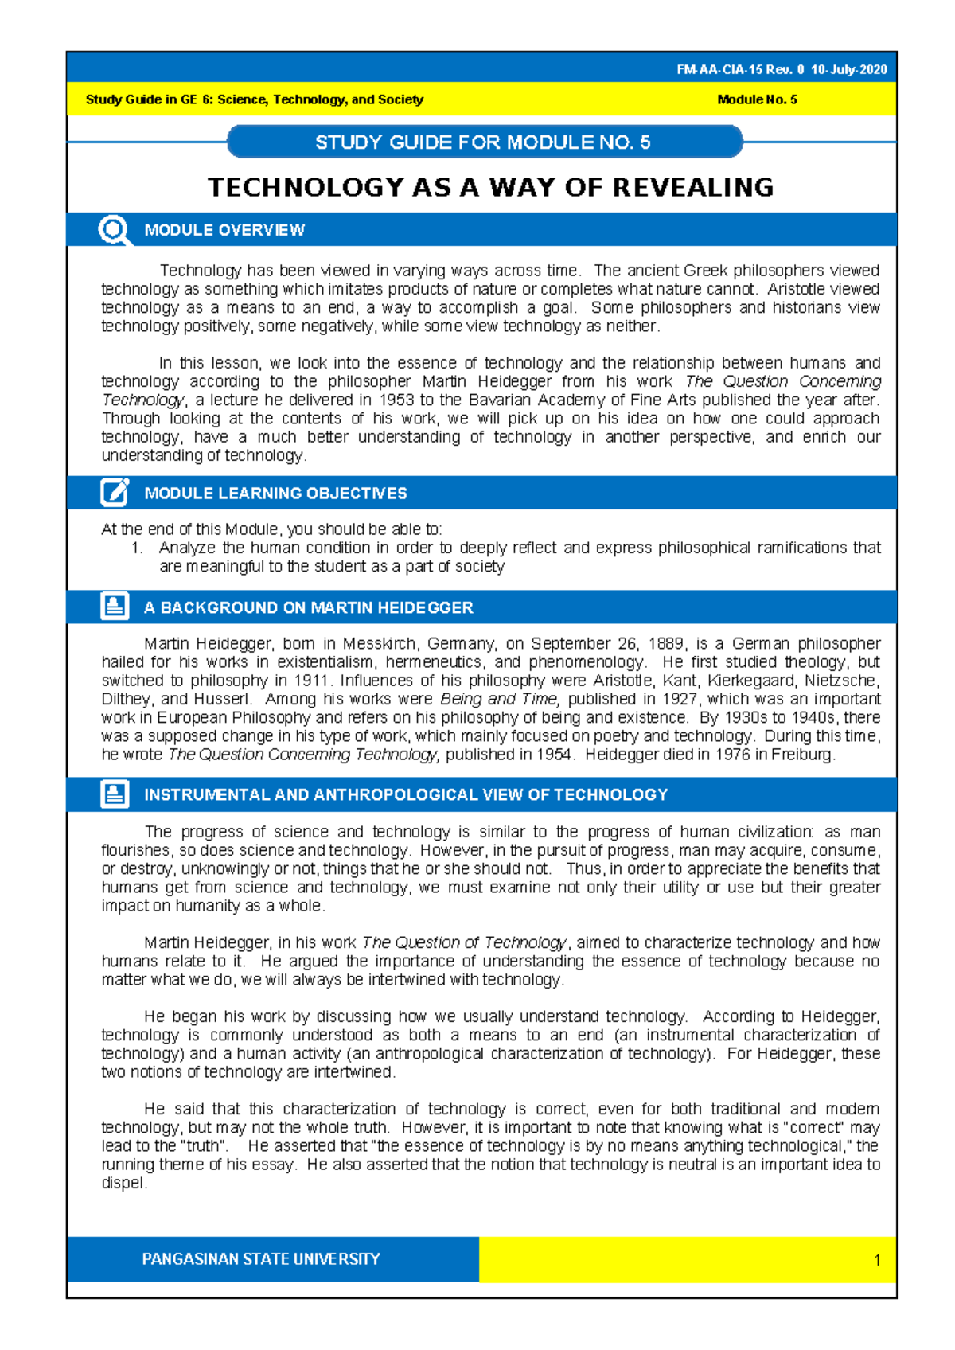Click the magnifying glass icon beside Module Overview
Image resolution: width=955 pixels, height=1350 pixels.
(115, 230)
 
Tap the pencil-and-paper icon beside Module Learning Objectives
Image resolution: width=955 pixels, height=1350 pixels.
(115, 493)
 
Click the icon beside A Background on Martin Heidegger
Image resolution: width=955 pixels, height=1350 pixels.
(115, 607)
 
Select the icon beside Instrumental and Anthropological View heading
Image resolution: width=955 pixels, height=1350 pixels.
(115, 794)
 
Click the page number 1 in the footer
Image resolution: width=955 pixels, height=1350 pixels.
(877, 1260)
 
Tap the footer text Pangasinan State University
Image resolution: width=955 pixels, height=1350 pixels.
(261, 1259)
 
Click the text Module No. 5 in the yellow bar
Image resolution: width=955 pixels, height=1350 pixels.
(757, 99)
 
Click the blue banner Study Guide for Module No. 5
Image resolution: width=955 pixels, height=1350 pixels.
(483, 142)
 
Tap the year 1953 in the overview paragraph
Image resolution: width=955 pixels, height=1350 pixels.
(396, 400)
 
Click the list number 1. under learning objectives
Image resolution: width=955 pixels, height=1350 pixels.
(137, 548)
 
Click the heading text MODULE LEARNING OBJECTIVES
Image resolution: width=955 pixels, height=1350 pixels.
(275, 494)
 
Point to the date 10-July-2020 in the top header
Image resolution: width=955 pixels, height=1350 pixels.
(849, 70)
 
